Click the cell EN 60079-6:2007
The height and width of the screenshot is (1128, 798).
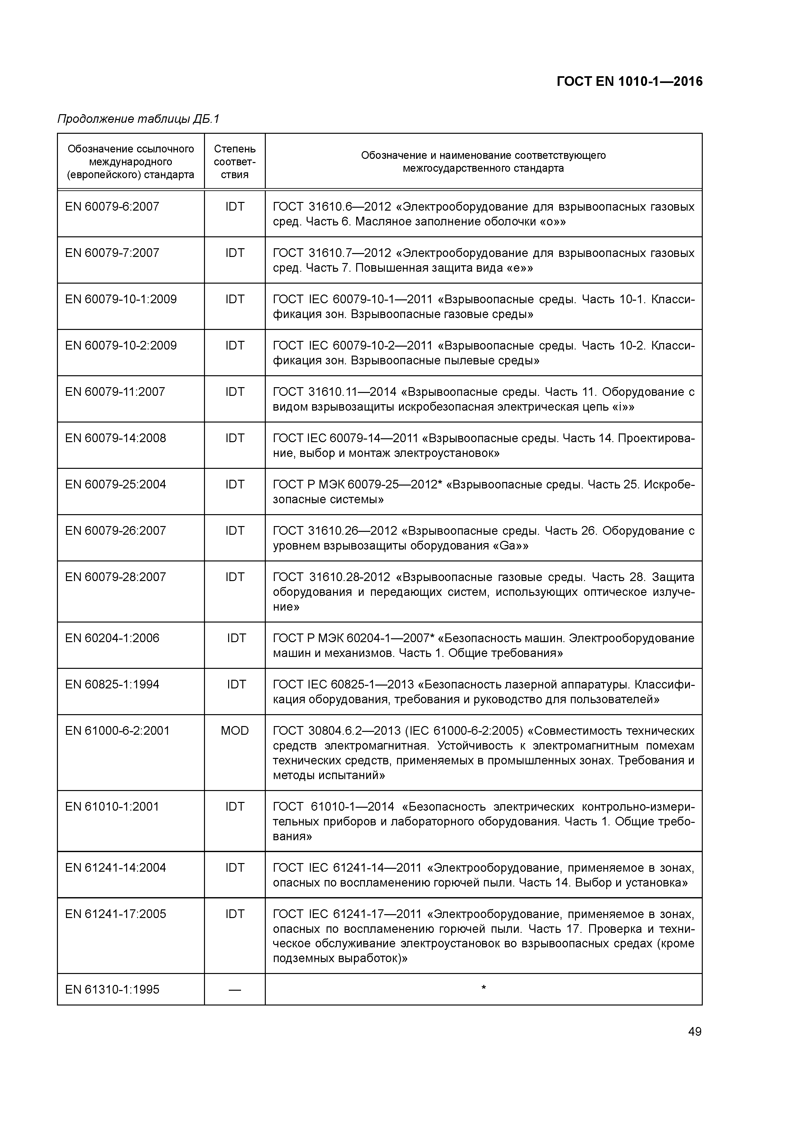point(112,206)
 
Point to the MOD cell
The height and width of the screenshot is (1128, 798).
point(235,731)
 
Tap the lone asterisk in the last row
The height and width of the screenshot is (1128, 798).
point(483,988)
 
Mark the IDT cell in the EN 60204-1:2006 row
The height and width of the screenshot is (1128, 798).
point(236,638)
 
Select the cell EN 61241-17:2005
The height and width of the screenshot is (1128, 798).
point(116,914)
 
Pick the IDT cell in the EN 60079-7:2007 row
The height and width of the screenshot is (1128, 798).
point(235,253)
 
